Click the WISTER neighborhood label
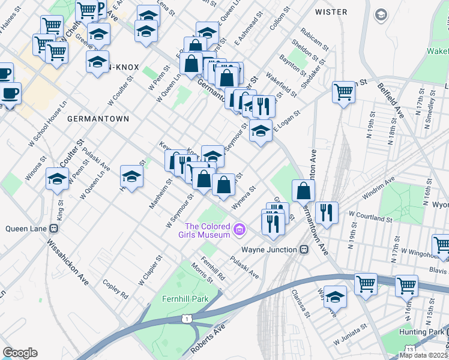pos(331,12)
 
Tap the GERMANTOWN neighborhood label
pos(98,119)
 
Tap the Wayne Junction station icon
pos(304,250)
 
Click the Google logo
pos(20,353)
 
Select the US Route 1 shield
pos(188,319)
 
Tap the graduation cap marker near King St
pos(57,179)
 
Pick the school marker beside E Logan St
pos(260,131)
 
